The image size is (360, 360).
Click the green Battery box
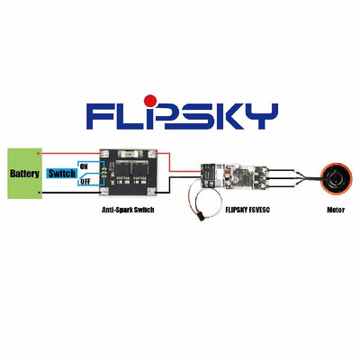click(x=23, y=174)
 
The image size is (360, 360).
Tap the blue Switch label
click(x=60, y=173)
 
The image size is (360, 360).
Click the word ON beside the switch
click(x=84, y=166)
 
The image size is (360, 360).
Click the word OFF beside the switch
click(x=85, y=181)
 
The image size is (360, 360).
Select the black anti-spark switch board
click(x=131, y=172)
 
